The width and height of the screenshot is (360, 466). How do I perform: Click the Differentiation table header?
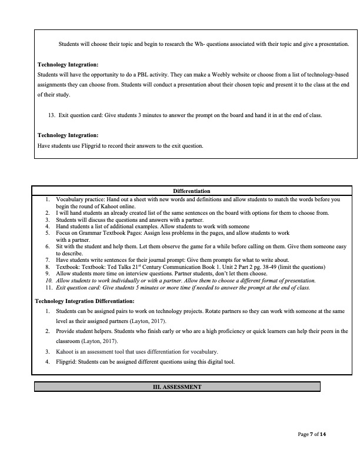click(x=192, y=191)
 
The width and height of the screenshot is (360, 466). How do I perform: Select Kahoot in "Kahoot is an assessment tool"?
click(x=65, y=351)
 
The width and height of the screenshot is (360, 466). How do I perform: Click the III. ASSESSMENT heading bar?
click(x=177, y=387)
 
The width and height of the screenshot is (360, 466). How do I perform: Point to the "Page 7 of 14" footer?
click(x=311, y=434)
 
